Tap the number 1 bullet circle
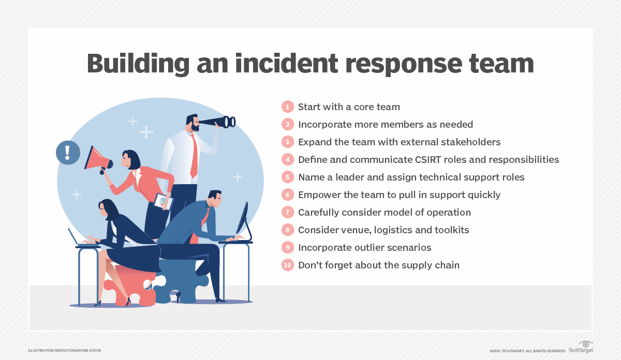point(287,107)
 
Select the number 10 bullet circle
point(287,265)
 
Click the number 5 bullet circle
point(287,177)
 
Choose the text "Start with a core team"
point(349,107)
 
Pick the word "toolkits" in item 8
point(451,230)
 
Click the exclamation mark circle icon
point(68,153)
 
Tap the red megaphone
point(98,158)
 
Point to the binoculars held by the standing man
point(218,122)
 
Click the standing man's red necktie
point(194,155)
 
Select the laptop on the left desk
point(78,238)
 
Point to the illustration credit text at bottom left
point(65,351)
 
